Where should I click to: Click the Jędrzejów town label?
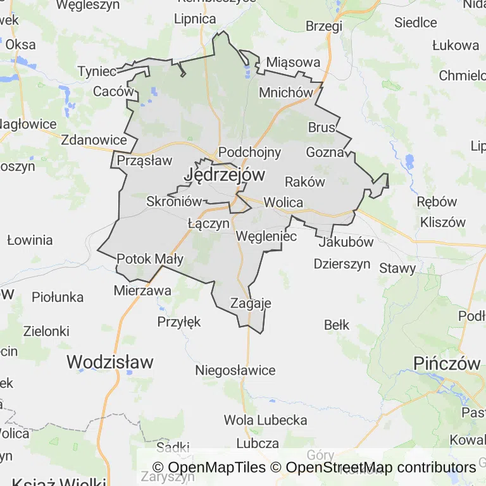coord(225,174)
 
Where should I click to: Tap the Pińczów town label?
coord(447,363)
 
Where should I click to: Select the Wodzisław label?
coord(110,362)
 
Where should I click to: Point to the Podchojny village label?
coord(249,153)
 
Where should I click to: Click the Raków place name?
coord(305,182)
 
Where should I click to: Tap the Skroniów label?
coord(173,201)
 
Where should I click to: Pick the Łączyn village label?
coord(208,223)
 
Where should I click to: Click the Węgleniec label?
coord(266,236)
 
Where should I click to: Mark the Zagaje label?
coord(251,303)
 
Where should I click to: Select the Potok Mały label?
coord(150,259)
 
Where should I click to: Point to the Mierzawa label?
coord(142,290)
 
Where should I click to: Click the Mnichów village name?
coord(286,92)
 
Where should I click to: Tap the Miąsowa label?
coord(293,62)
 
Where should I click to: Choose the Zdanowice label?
coord(94,140)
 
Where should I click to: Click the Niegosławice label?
coord(235,370)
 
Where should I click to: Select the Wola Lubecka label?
coord(266,420)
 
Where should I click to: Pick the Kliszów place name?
coord(443,222)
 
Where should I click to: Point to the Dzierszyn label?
coord(342,264)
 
